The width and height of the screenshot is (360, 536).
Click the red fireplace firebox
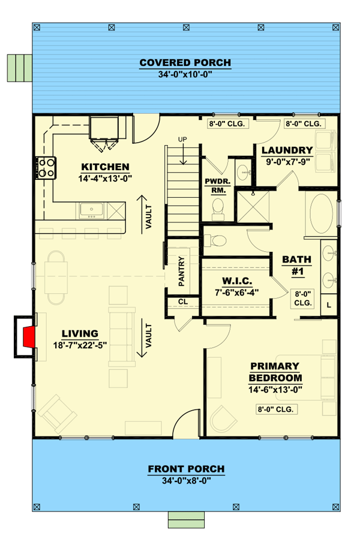26,337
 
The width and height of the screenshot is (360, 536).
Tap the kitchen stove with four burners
47,167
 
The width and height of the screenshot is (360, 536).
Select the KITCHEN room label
105,167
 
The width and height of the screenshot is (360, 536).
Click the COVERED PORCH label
185,63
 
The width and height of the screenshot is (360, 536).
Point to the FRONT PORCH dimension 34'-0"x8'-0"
185,480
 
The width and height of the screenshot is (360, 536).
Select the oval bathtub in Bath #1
322,215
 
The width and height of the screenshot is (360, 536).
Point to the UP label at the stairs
183,140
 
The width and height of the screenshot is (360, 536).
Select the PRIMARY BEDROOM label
275,372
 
